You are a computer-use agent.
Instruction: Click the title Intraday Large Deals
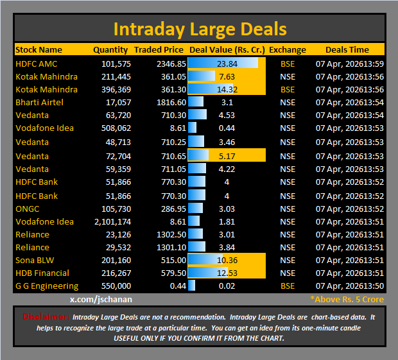click(x=200, y=29)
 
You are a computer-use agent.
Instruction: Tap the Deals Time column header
click(x=347, y=49)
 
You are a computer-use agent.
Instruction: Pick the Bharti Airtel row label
click(x=39, y=102)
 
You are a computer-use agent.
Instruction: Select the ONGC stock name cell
click(x=28, y=209)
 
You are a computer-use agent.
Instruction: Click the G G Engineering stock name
click(x=47, y=286)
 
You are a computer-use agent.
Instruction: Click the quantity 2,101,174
click(x=113, y=221)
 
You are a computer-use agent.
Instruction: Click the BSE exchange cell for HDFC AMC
click(x=288, y=64)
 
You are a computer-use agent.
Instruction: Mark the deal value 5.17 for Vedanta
click(x=227, y=156)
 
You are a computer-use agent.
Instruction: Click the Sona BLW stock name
click(x=35, y=260)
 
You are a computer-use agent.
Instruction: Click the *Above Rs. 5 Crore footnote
click(x=347, y=299)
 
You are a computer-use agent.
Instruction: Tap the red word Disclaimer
click(x=46, y=317)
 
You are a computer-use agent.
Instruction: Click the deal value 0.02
click(x=227, y=286)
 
